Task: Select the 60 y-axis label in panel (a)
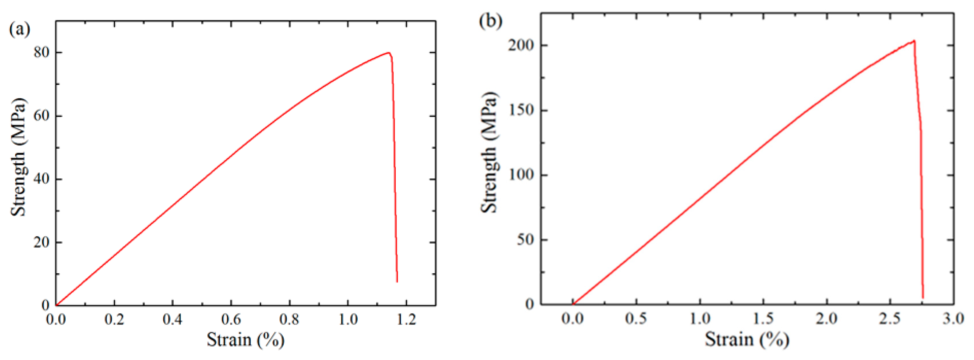click(42, 116)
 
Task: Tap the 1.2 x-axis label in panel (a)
click(407, 320)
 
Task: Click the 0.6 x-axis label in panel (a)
click(231, 320)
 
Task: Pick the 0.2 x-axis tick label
click(114, 320)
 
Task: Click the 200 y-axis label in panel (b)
click(521, 45)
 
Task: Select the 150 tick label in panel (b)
click(521, 110)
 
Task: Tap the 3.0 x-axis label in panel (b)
click(953, 318)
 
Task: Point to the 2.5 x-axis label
click(889, 318)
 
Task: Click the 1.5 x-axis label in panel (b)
click(763, 318)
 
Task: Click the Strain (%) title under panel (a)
click(245, 339)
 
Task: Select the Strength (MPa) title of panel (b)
click(489, 152)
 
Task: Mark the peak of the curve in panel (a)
click(388, 53)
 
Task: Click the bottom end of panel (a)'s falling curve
click(397, 281)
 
